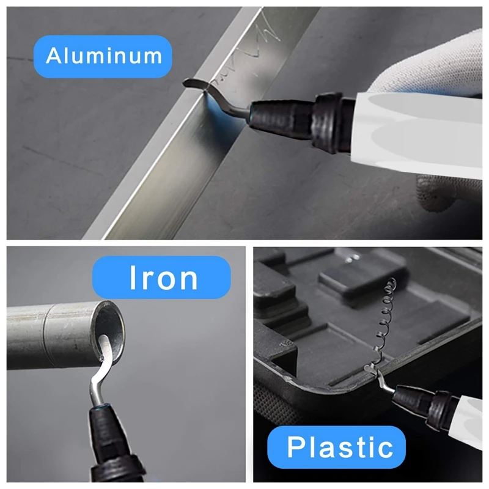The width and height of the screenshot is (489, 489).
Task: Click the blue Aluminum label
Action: pyautogui.click(x=103, y=56)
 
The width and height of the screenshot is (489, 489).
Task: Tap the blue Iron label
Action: pyautogui.click(x=161, y=278)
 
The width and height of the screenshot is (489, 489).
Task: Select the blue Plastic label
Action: pyautogui.click(x=337, y=447)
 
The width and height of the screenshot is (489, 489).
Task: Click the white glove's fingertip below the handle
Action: pyautogui.click(x=436, y=193)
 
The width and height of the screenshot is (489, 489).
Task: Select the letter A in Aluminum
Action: pyautogui.click(x=53, y=56)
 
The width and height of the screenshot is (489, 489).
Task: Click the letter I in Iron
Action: pyautogui.click(x=133, y=277)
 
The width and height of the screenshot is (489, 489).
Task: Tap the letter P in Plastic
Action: pyautogui.click(x=295, y=447)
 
